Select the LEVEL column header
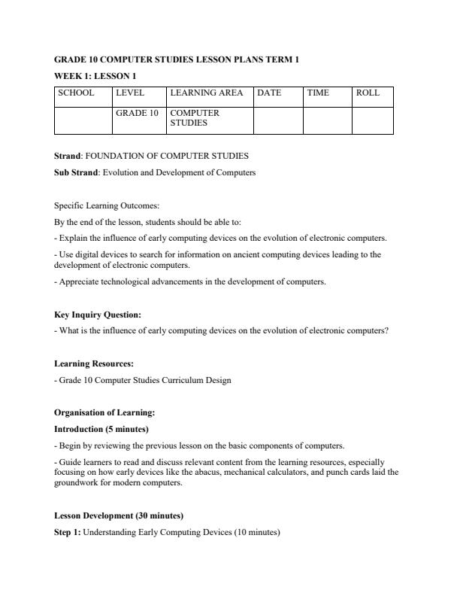click(130, 93)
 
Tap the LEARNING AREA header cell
click(207, 93)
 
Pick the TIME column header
click(318, 93)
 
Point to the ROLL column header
click(368, 93)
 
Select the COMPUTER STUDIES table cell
click(195, 117)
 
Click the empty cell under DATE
click(277, 120)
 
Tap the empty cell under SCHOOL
click(83, 120)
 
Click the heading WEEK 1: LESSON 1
click(95, 75)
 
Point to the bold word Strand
click(68, 156)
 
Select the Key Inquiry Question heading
click(98, 315)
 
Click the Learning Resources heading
click(94, 363)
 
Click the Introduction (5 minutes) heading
click(101, 429)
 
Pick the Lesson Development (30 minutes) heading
click(119, 515)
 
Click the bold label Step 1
click(67, 532)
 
